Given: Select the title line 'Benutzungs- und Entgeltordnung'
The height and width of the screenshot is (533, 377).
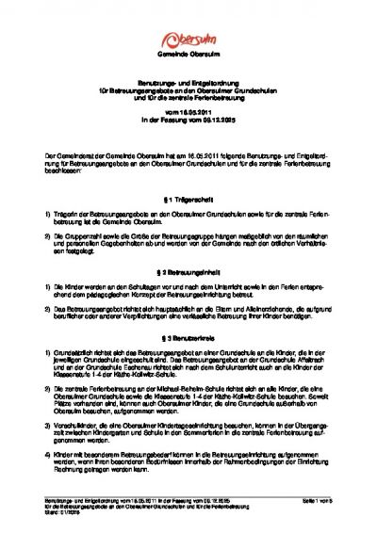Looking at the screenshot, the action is [188, 84].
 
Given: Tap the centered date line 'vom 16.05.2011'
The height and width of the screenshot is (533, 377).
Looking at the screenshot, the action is [188, 109].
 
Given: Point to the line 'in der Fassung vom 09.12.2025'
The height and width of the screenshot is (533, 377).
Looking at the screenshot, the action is [188, 117].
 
